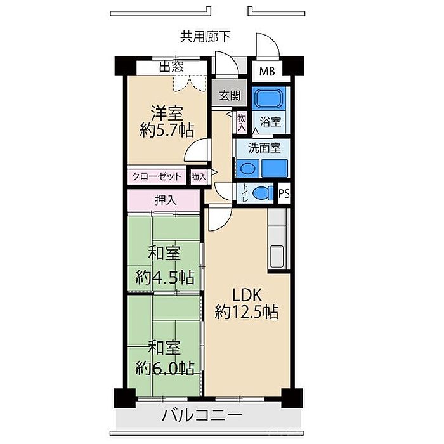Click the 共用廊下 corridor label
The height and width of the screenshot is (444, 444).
205,37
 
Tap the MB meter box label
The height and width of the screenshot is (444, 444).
267,71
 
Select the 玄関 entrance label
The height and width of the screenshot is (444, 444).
230,95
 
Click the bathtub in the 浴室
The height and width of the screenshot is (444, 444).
268,98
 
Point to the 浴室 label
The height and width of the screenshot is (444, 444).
270,122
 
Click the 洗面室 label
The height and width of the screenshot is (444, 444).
264,148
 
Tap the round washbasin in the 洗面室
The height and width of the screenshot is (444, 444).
247,169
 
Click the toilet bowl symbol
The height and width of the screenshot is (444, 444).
263,193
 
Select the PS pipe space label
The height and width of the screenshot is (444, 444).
284,193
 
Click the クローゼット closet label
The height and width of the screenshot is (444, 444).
156,176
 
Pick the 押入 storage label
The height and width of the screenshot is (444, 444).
166,200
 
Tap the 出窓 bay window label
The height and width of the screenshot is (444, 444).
171,67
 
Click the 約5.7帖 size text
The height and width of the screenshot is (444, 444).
167,131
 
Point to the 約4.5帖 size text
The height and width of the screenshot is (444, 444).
165,277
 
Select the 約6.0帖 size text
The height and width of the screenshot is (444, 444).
165,368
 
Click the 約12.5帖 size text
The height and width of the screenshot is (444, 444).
246,312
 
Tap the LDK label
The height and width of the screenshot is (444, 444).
247,296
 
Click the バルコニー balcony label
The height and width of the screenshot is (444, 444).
202,415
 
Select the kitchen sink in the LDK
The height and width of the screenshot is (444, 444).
277,256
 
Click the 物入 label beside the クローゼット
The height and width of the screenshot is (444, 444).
199,177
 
